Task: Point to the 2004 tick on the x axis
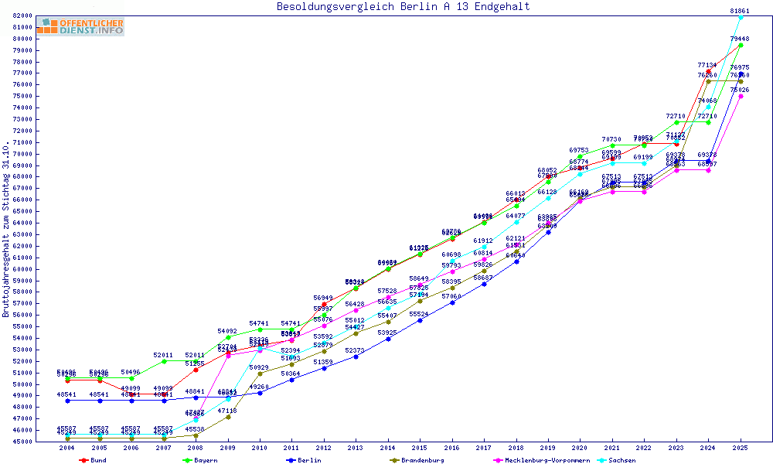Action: coord(67,448)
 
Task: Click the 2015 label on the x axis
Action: coord(420,448)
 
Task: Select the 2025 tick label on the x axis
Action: coord(741,448)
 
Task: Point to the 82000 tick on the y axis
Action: coord(22,16)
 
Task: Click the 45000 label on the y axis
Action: coord(22,442)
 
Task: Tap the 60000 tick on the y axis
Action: coord(22,269)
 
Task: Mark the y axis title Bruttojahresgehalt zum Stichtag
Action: coord(6,230)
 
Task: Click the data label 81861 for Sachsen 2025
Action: coord(741,11)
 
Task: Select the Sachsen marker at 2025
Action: coord(741,17)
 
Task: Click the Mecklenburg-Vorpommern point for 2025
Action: coord(741,96)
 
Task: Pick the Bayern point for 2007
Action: coord(164,361)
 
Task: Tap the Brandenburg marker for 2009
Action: coord(228,417)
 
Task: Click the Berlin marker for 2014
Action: coord(388,339)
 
